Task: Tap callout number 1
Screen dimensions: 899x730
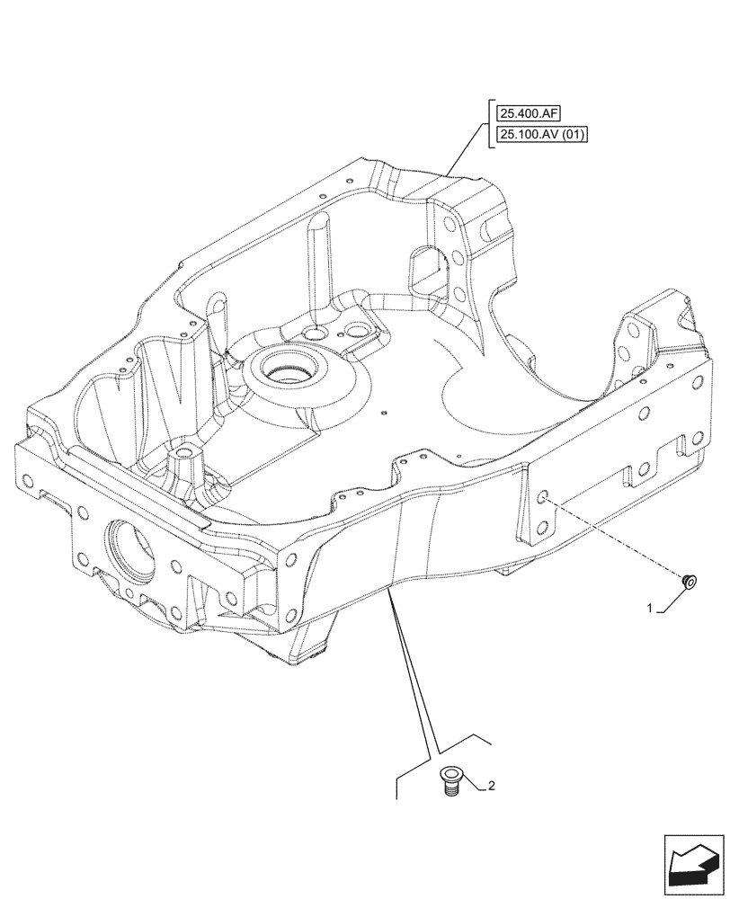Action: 649,609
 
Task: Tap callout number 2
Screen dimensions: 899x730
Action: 491,787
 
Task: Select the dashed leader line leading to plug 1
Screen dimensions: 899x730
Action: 620,539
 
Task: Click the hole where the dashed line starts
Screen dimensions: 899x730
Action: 544,496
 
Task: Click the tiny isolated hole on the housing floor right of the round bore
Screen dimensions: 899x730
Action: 383,414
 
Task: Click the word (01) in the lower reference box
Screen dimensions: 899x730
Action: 572,137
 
